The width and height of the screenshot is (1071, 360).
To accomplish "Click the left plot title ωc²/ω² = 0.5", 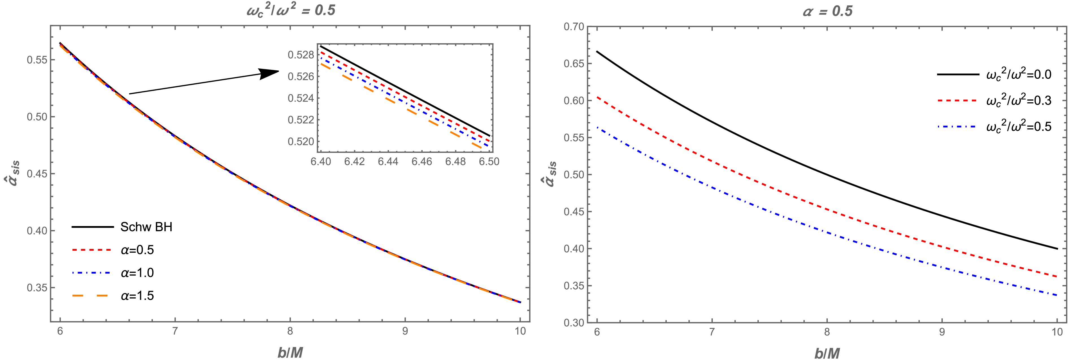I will pyautogui.click(x=290, y=10).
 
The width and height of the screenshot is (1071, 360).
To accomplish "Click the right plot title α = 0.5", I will pyautogui.click(x=827, y=11).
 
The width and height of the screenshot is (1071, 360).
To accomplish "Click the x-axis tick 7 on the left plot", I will pyautogui.click(x=175, y=331).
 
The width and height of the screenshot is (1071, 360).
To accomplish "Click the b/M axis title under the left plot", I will pyautogui.click(x=290, y=353).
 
